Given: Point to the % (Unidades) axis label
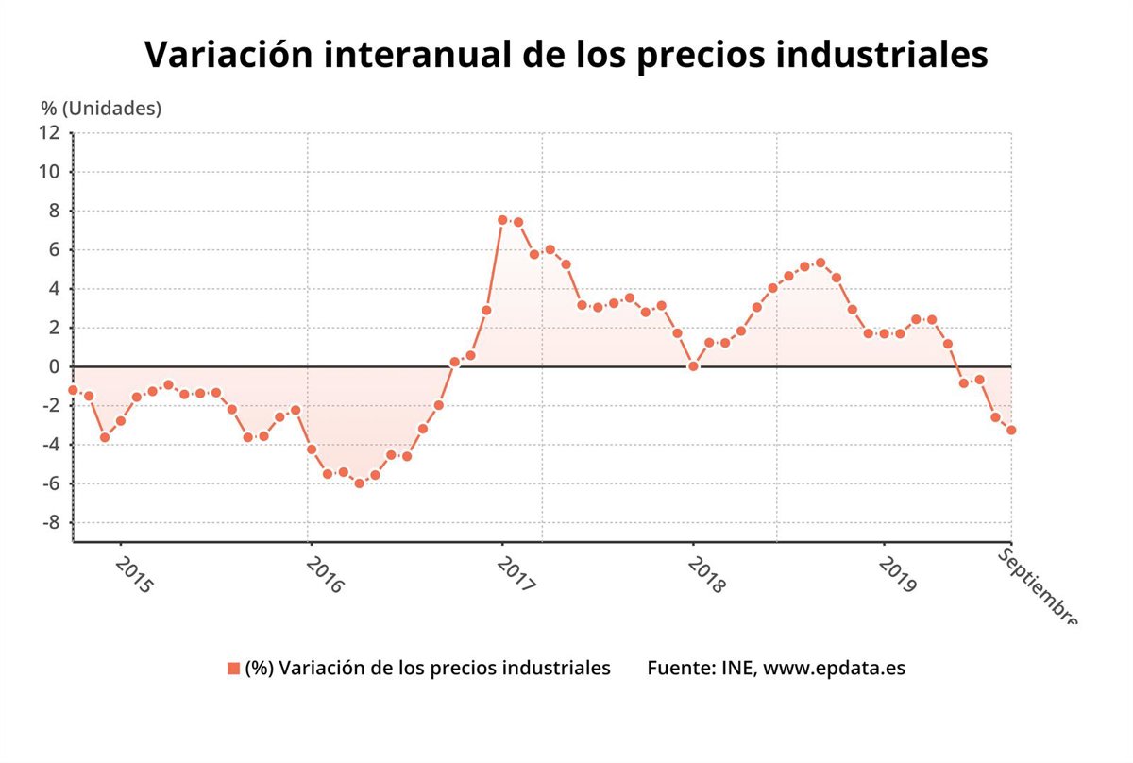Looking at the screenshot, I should coord(101,108).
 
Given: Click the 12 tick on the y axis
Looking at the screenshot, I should coord(48,133).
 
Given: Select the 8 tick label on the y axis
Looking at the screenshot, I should coord(54,212).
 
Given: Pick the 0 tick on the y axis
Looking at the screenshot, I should coord(54,366).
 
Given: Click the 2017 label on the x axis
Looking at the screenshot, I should coord(516,574).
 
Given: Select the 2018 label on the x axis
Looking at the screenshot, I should coord(706,574).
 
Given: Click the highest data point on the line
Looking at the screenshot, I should coord(502,220).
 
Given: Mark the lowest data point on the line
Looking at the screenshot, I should coord(359,483).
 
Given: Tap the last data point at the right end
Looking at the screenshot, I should coord(1011,430).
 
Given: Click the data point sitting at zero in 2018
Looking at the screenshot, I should coord(693,366).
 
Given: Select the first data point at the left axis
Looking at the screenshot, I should coord(73,390).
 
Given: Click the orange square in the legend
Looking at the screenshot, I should coord(233,669).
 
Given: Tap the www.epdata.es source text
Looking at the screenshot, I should coord(834,668).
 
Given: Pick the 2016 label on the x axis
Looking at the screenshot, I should coord(324,574).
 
